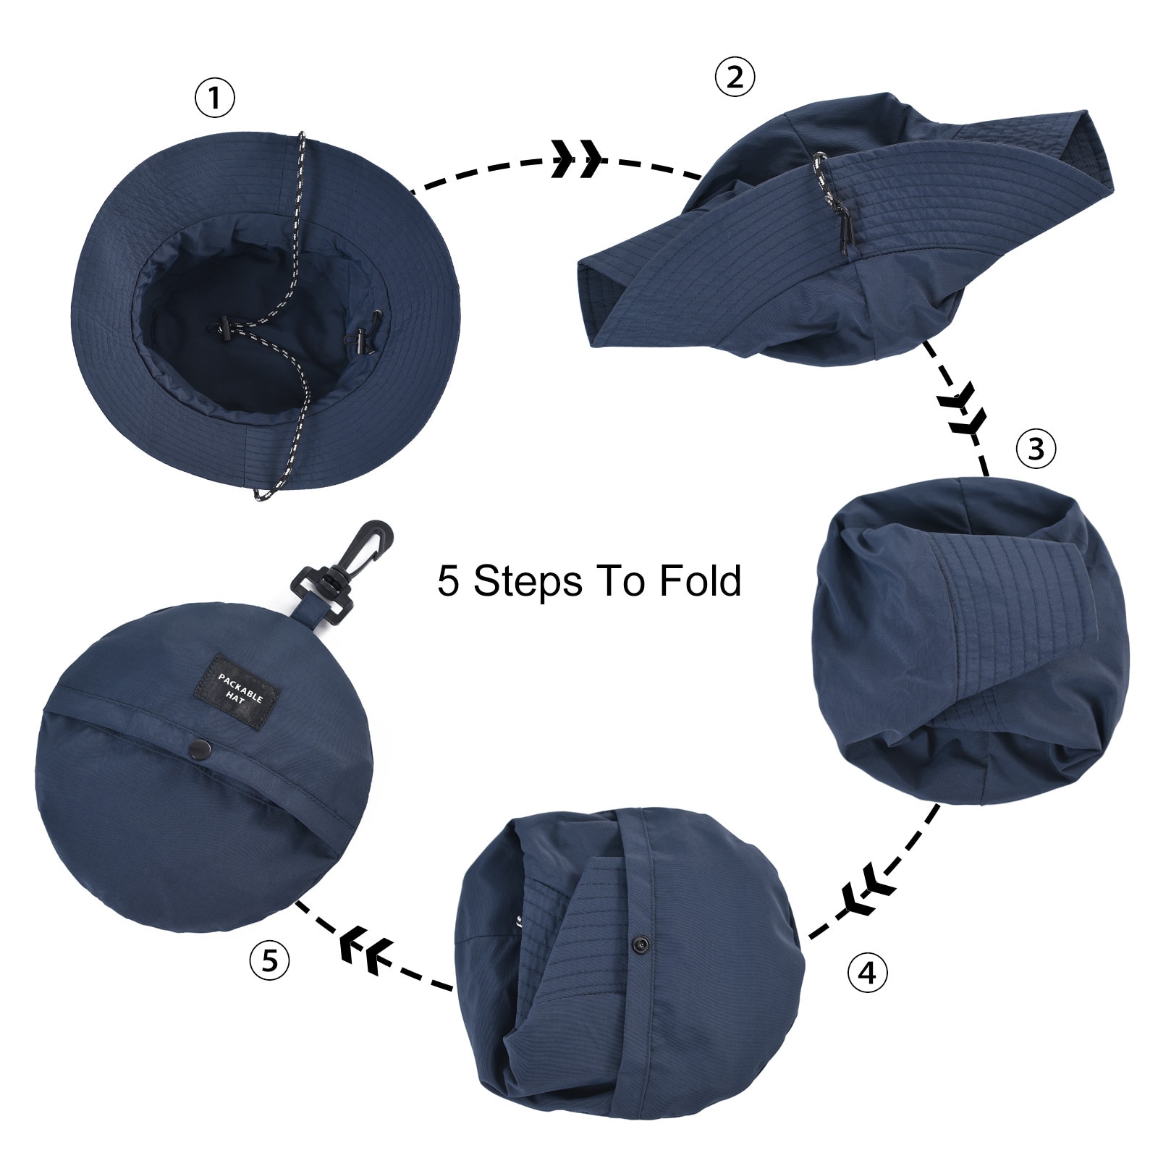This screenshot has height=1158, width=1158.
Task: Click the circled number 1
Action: point(215,98)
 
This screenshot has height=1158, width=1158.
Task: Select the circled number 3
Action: point(1036,449)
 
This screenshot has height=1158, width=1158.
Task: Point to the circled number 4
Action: point(867,973)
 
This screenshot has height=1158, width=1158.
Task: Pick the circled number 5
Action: point(269,960)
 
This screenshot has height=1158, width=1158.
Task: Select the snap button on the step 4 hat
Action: point(639,944)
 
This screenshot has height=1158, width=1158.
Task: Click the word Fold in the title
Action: point(701,580)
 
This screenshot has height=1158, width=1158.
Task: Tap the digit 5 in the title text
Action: point(449,580)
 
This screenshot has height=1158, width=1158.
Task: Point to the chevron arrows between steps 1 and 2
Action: point(577,159)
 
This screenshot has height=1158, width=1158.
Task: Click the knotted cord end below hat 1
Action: point(262,495)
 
